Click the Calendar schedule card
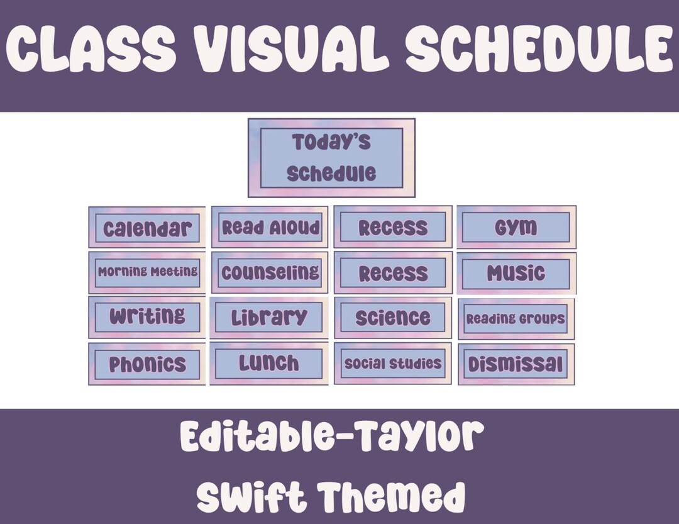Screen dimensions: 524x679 pos(146,227)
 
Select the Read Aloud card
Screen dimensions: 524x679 pos(270,227)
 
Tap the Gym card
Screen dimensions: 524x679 pos(516,227)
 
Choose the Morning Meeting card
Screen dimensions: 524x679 pos(147,272)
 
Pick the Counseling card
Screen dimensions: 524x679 pos(270,272)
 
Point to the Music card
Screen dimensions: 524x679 pos(516,273)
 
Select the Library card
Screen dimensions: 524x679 pos(269,317)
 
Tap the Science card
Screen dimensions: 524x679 pos(393,318)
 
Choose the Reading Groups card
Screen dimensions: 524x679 pos(516,319)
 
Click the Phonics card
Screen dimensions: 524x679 pos(147,364)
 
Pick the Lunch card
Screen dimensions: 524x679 pos(269,363)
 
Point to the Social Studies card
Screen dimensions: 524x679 pos(393,364)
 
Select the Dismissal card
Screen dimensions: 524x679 pos(516,364)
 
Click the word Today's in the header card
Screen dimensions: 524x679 pos(331,143)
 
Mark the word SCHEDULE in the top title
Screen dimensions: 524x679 pos(537,50)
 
